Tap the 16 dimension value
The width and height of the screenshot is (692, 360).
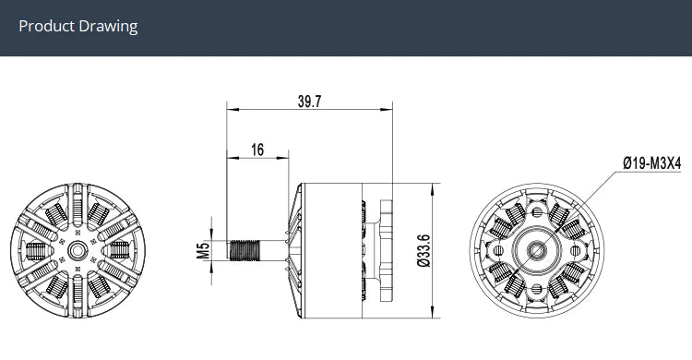point(257,150)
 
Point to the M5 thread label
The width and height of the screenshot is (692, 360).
point(205,248)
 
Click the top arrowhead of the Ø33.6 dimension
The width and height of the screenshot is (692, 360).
point(435,189)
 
